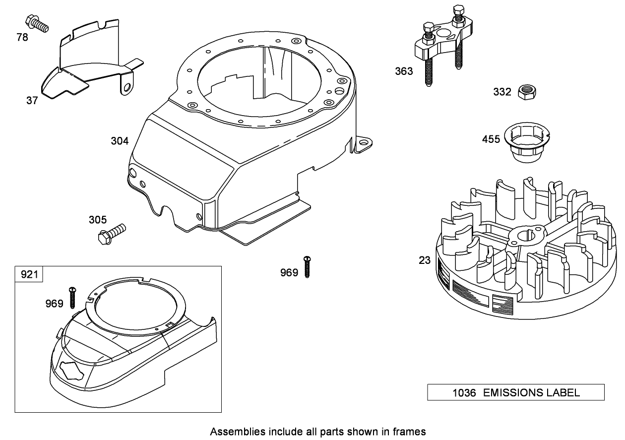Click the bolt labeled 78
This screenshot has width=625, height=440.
point(36,23)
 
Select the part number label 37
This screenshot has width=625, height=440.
point(32,100)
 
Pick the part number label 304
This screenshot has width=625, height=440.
point(120,141)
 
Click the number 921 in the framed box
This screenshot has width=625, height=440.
point(29,274)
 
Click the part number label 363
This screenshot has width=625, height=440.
point(404,71)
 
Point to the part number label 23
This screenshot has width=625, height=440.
point(425,259)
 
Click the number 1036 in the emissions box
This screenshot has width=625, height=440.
point(464,393)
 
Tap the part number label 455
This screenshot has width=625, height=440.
point(491,139)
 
